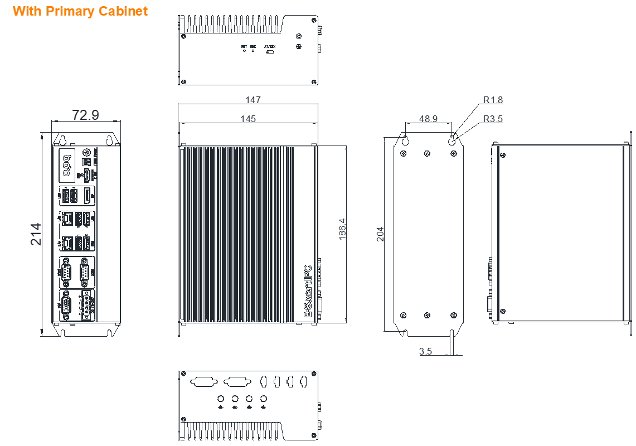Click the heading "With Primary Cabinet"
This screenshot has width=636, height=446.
tap(80, 11)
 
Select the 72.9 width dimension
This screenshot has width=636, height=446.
tap(85, 115)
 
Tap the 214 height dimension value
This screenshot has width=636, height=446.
tap(36, 234)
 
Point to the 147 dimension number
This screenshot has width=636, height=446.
tap(253, 100)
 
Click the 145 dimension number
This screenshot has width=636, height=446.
tap(248, 119)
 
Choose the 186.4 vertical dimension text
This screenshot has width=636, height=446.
tap(342, 229)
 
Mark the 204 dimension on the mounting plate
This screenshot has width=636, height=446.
tap(380, 234)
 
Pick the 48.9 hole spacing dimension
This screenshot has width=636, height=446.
tap(428, 119)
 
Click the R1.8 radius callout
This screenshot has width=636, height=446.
tap(493, 100)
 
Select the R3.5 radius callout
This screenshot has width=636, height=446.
tap(493, 119)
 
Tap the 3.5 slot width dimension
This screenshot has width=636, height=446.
tap(425, 351)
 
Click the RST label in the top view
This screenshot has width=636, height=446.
tap(244, 46)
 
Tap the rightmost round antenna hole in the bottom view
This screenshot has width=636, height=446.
tap(264, 399)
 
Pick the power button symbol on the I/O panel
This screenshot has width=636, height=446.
tap(86, 152)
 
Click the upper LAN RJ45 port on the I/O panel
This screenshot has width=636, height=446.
tap(67, 219)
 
